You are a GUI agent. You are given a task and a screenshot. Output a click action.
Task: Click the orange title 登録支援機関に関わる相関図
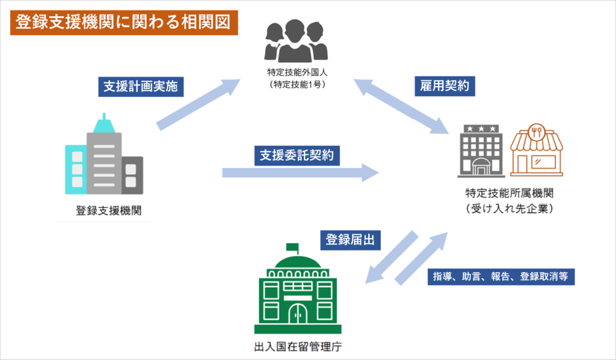(x=124, y=23)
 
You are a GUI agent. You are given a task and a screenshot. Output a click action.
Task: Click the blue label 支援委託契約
(x=297, y=156)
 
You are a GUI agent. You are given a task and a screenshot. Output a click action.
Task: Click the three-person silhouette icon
(x=296, y=39)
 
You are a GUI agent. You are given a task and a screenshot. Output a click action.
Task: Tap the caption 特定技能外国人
(x=296, y=73)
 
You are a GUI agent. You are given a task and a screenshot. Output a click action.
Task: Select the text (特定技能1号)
(x=296, y=85)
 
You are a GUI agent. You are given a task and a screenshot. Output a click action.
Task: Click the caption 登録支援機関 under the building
(x=104, y=211)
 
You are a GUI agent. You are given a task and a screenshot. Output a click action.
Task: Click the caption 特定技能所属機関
(x=509, y=194)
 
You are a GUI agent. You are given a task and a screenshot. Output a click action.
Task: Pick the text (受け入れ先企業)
(x=509, y=208)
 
